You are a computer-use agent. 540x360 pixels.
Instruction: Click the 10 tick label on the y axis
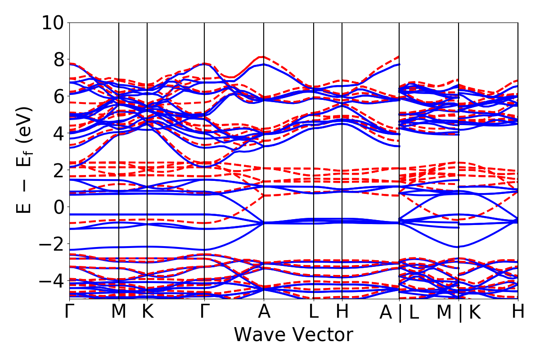53,22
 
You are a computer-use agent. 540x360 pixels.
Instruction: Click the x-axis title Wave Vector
293,335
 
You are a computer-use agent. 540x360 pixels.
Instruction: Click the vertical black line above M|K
459,135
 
